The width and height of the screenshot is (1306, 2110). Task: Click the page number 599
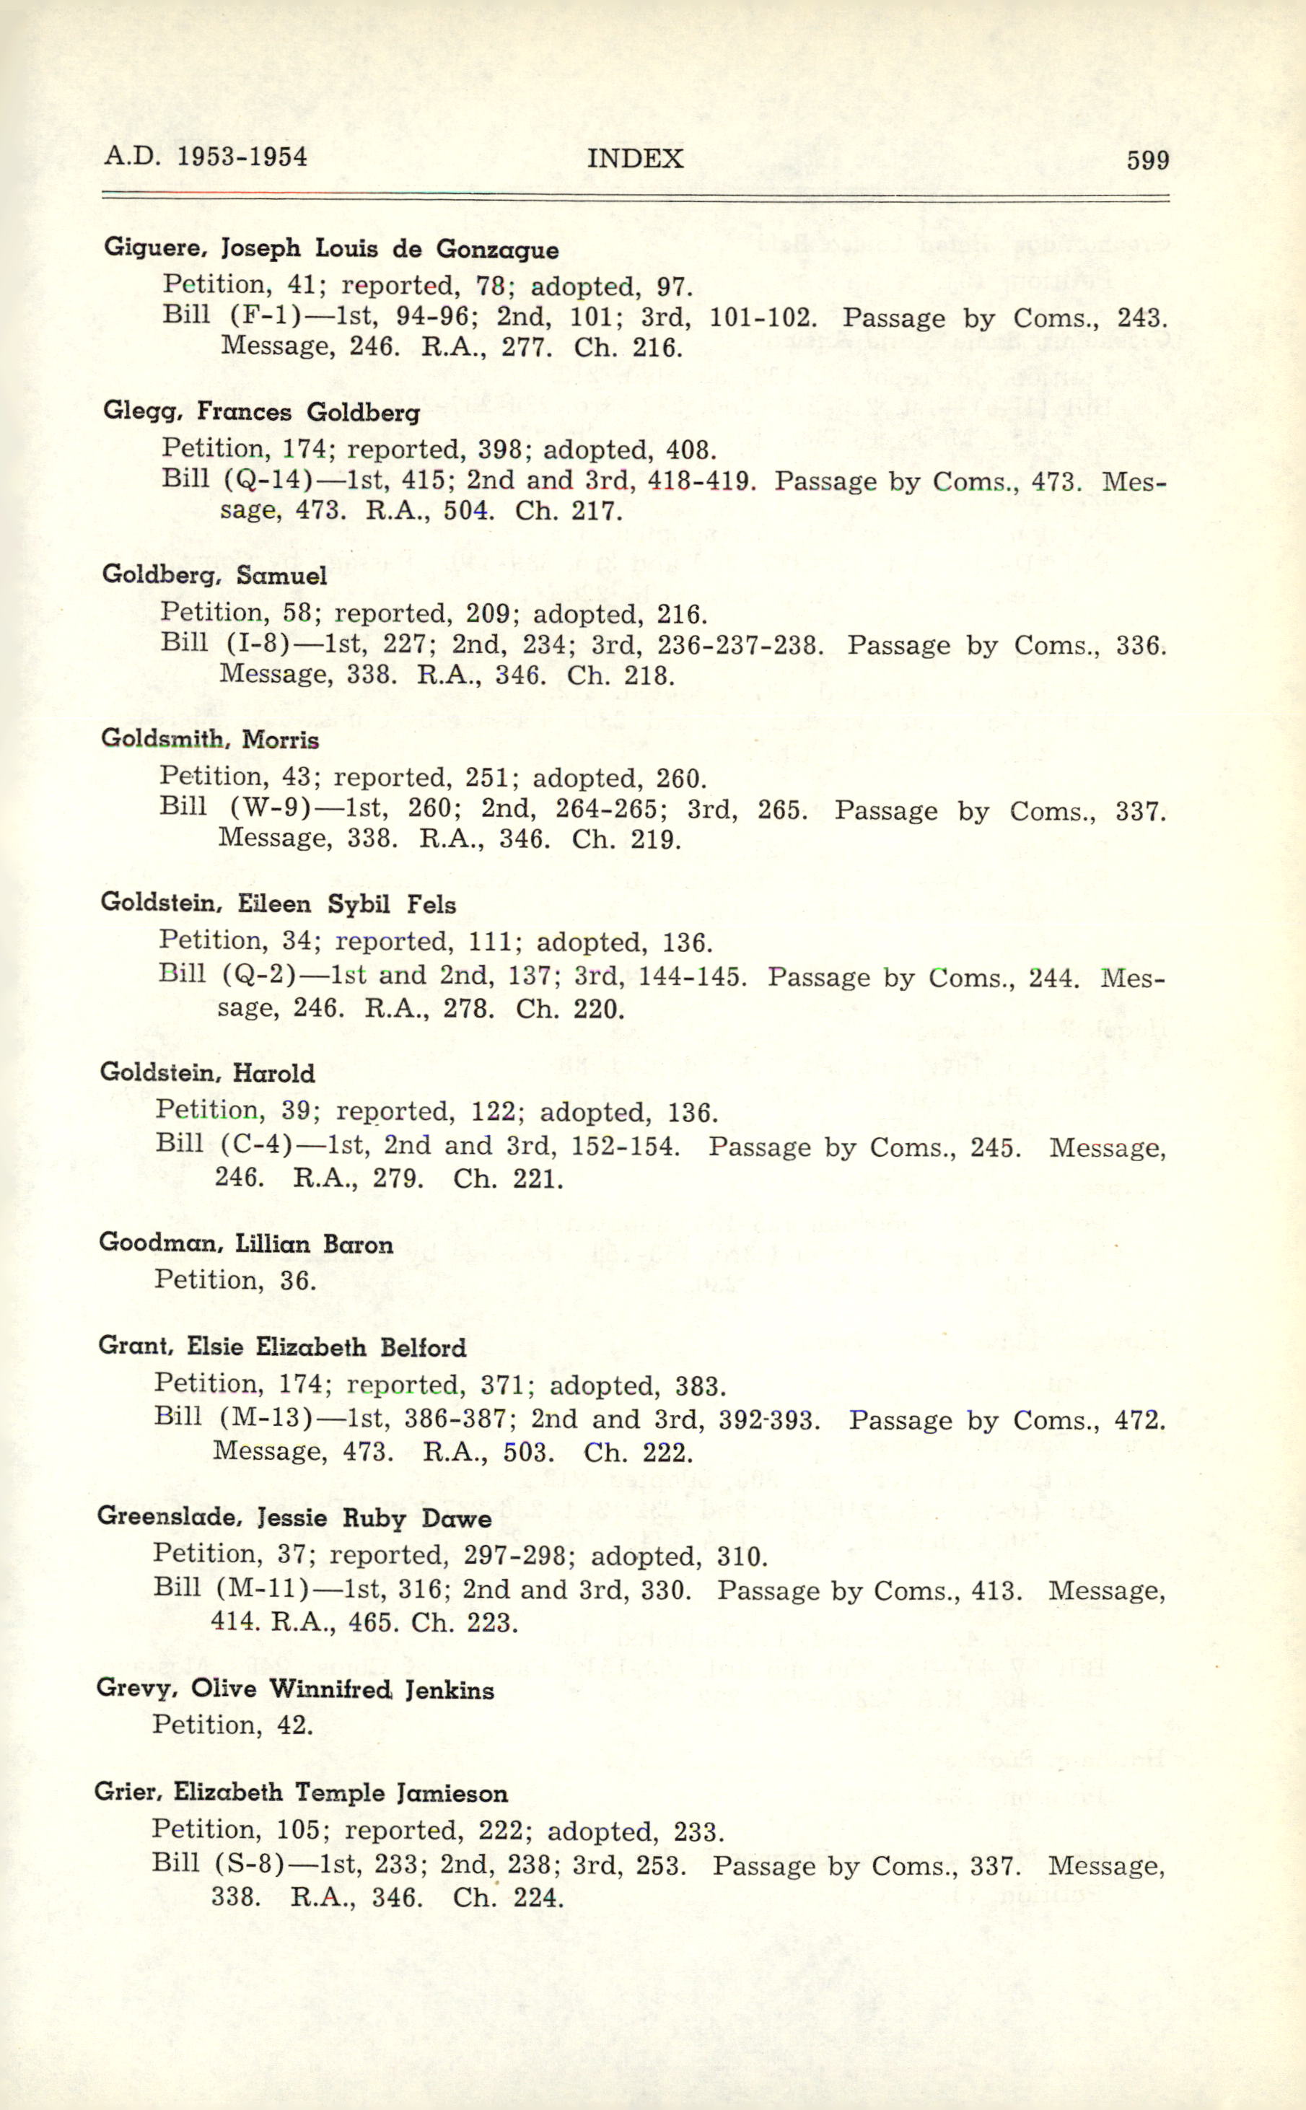1147,159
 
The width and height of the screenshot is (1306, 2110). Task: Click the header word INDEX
635,159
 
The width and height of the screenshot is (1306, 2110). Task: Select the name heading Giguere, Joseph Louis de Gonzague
330,249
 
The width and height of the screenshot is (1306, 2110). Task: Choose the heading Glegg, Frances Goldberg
261,411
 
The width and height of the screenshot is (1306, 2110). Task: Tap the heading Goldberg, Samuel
214,575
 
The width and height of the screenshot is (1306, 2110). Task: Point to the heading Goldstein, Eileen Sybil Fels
278,903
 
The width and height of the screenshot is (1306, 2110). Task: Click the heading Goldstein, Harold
207,1073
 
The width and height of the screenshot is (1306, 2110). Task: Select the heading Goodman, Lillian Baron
246,1244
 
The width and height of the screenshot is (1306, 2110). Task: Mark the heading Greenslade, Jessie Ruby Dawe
294,1518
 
